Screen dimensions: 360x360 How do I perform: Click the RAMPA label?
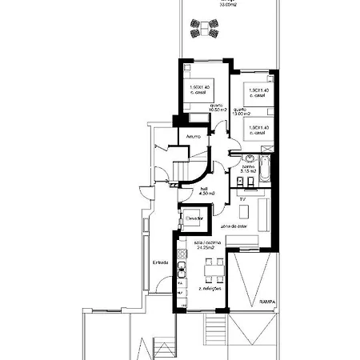pyautogui.click(x=268, y=302)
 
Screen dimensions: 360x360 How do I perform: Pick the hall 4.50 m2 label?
pyautogui.click(x=206, y=190)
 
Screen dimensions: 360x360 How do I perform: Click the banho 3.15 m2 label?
pyautogui.click(x=248, y=169)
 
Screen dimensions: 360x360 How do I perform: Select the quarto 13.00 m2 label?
pyautogui.click(x=241, y=112)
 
